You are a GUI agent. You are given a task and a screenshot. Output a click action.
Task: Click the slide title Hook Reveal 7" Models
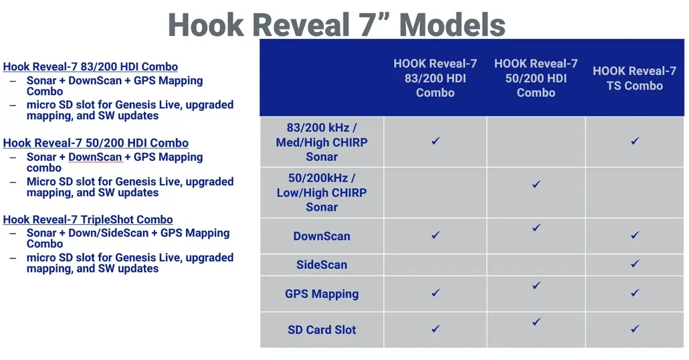(336, 25)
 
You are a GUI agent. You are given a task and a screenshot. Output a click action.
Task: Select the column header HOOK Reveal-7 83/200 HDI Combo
(435, 78)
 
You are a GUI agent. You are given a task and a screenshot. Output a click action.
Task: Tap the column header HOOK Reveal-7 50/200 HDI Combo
(536, 78)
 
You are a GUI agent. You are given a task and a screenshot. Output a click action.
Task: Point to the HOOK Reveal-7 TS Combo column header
(635, 78)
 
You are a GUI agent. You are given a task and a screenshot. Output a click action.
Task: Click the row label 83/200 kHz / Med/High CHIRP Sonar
(322, 142)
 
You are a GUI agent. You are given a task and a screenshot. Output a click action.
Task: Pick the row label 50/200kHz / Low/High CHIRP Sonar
(322, 193)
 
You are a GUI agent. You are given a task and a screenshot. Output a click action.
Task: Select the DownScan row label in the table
(322, 236)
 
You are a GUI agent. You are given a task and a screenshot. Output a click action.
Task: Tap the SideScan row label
(322, 264)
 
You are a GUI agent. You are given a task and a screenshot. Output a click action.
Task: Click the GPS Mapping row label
(322, 294)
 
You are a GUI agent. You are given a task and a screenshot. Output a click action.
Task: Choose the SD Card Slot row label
(322, 330)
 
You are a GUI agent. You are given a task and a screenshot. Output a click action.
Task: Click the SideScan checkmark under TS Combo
(635, 264)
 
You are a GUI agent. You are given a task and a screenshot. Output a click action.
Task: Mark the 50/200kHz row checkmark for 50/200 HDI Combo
(536, 184)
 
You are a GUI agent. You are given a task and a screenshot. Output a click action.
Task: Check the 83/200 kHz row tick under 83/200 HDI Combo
(435, 141)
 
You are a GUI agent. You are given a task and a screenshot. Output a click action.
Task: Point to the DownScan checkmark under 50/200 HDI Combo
(536, 228)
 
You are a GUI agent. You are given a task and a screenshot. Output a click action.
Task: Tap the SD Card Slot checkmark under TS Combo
(635, 329)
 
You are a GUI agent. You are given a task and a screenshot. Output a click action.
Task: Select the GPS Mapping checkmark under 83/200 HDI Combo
(435, 292)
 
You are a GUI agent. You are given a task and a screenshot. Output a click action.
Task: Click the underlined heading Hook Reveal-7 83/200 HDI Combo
(90, 67)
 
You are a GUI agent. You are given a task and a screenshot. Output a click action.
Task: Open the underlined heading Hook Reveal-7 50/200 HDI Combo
(96, 143)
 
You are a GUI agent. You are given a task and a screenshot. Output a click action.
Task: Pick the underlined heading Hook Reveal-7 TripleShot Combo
(88, 219)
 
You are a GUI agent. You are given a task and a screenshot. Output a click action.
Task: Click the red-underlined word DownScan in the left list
(95, 157)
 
